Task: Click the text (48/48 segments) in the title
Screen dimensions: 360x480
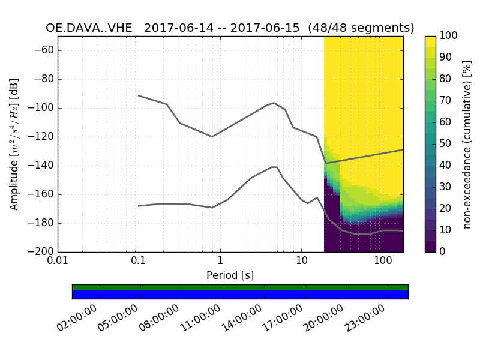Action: pyautogui.click(x=361, y=28)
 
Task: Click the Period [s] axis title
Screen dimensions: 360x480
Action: pyautogui.click(x=230, y=275)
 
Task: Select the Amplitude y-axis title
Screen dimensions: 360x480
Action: pyautogui.click(x=14, y=144)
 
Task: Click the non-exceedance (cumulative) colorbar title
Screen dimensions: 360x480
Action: pyautogui.click(x=468, y=144)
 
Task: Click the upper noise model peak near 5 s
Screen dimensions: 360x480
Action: pyautogui.click(x=274, y=103)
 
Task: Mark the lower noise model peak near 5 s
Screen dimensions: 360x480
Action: pyautogui.click(x=274, y=167)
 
